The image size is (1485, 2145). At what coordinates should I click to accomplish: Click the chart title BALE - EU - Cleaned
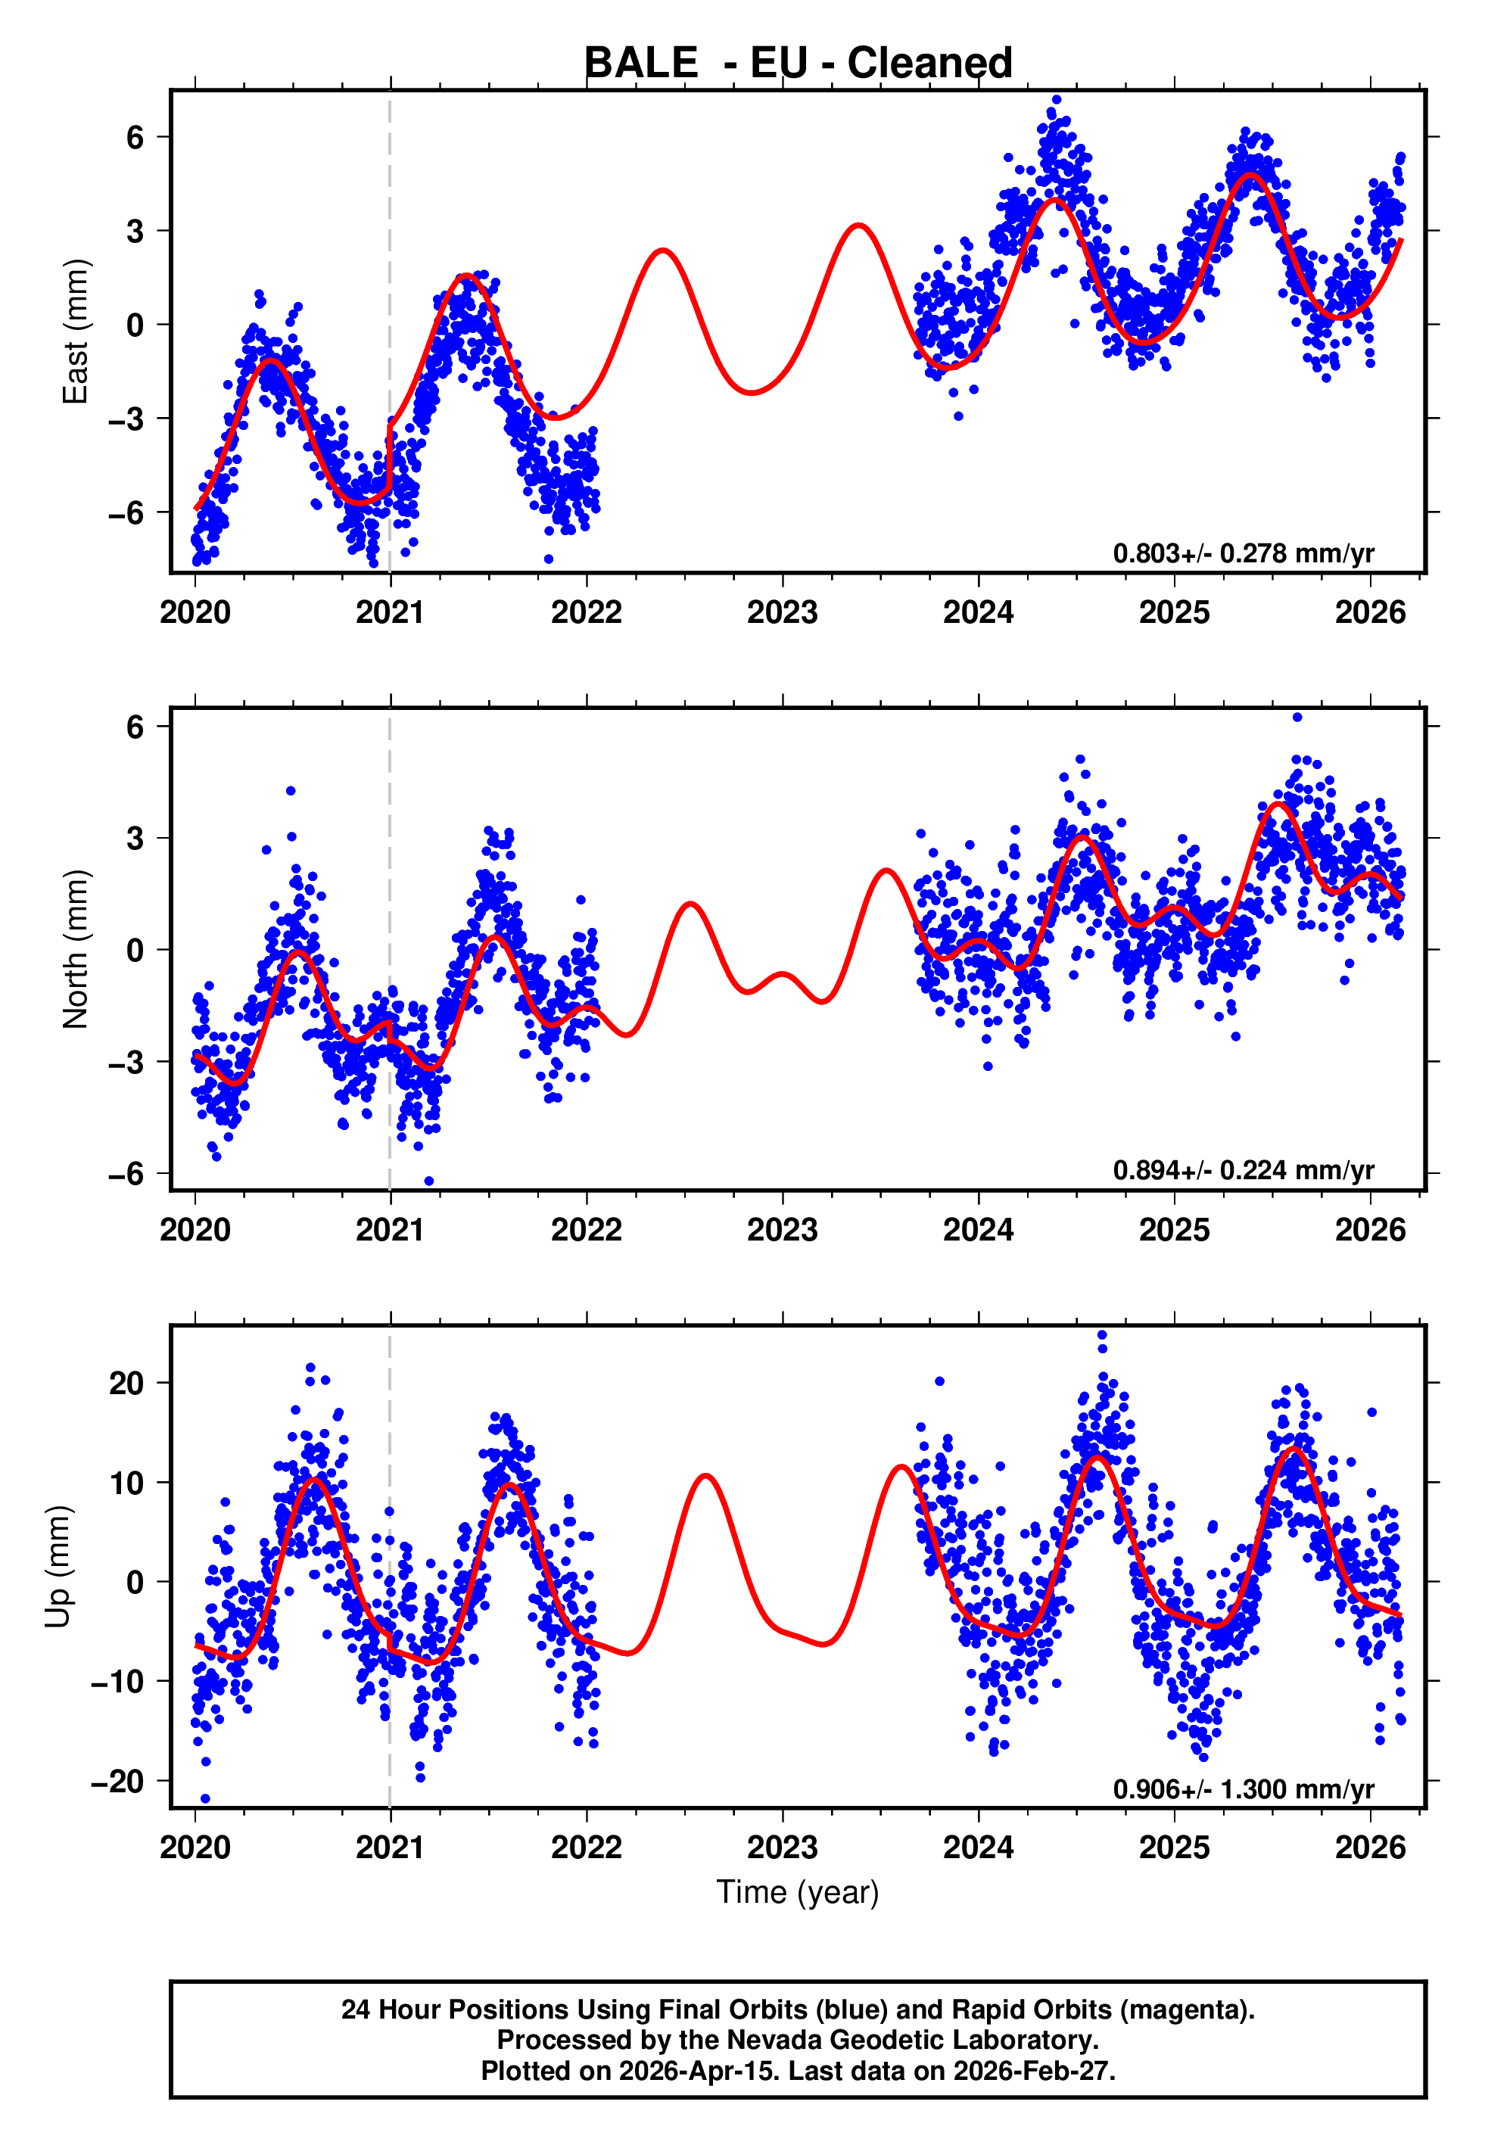[798, 64]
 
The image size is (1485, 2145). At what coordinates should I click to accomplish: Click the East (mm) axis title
[74, 332]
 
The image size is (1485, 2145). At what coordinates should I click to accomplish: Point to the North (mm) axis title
[74, 949]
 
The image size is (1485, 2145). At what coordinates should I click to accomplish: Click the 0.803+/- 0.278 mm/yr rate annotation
[1243, 553]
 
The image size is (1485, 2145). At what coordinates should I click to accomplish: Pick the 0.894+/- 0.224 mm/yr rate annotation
[1243, 1170]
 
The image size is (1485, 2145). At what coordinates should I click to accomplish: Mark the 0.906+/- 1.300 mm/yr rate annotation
[1243, 1789]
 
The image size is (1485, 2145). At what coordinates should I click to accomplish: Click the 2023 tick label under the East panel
[783, 612]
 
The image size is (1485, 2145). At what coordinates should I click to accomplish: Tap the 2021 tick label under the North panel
[390, 1230]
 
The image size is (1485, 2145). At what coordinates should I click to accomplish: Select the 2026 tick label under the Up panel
[1370, 1847]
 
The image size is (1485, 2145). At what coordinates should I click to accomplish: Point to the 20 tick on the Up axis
[126, 1383]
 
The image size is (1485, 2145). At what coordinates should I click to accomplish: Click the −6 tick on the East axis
[126, 512]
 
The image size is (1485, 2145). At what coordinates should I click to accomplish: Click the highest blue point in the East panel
[1056, 99]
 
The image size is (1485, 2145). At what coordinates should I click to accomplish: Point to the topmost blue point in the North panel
[1297, 718]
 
